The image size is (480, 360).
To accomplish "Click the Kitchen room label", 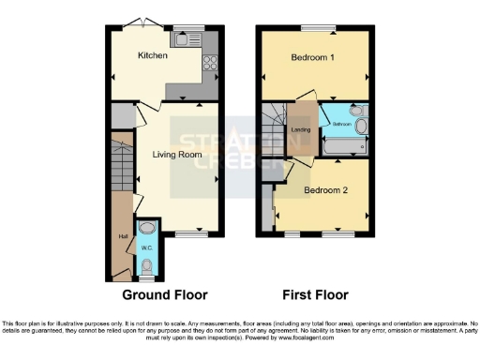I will click(x=153, y=56).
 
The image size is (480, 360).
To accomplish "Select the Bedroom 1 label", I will click(x=313, y=57).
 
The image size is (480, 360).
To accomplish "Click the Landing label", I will click(x=301, y=129).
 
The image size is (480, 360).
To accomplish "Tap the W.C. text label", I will click(x=145, y=248).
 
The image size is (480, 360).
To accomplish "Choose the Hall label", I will click(x=122, y=235).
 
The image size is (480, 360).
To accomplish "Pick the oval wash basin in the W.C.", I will click(x=146, y=229).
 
